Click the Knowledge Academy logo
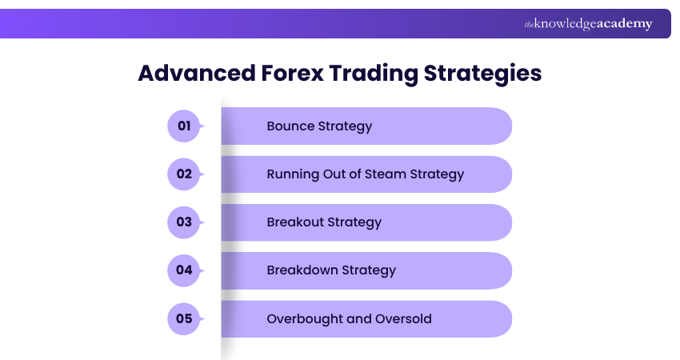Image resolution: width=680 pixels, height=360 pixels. coord(588,24)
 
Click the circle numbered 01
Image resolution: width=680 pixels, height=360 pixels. coord(184,126)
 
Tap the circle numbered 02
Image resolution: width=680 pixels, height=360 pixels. coord(184,174)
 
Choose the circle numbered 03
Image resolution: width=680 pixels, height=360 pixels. coord(184,222)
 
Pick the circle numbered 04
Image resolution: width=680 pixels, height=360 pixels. coord(184,270)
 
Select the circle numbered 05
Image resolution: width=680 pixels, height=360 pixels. coord(184,318)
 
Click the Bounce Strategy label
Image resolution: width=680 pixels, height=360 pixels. coord(319,126)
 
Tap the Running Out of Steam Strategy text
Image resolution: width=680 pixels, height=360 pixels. coord(365,174)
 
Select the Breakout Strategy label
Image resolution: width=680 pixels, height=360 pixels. coord(324,222)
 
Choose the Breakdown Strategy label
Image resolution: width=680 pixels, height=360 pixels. coord(331,270)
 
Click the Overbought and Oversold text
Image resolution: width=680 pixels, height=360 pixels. coord(349,318)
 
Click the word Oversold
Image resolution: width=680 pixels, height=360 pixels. coord(404,318)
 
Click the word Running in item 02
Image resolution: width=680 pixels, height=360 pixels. coord(291,174)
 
